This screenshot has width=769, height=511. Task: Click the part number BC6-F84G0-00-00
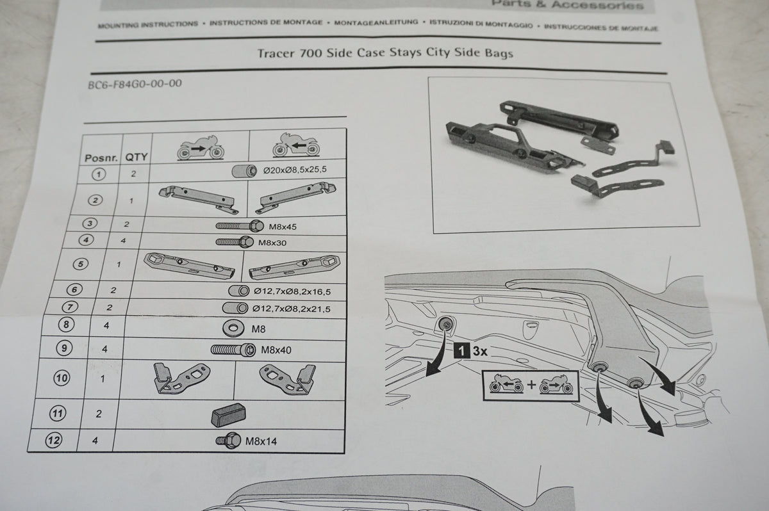click(135, 84)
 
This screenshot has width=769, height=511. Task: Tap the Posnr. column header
click(101, 158)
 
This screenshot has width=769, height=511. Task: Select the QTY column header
click(136, 157)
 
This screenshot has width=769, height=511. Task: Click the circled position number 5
click(81, 264)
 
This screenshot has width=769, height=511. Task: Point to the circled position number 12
click(54, 440)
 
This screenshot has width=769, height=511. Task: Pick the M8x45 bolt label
click(283, 227)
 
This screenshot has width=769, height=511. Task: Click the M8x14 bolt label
click(261, 441)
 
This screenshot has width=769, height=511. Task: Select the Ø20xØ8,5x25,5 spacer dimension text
click(295, 170)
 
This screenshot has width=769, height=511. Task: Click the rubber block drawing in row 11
click(228, 415)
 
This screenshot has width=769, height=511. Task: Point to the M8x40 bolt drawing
click(233, 350)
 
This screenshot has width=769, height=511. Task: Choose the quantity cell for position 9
click(104, 349)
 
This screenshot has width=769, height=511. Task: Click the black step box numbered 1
click(462, 351)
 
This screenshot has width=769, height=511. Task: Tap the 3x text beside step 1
click(480, 351)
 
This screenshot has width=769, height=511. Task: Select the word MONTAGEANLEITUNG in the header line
click(376, 22)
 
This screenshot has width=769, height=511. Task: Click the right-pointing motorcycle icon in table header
click(201, 147)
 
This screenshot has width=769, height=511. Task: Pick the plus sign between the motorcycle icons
click(531, 384)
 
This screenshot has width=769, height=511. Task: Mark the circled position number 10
click(62, 378)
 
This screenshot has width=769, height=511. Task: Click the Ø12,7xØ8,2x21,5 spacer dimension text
click(292, 309)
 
